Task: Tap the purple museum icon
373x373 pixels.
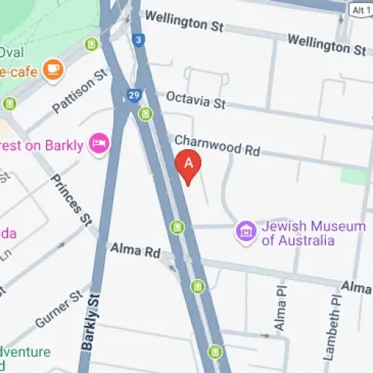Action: click(x=245, y=232)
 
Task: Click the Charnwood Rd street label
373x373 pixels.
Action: click(x=216, y=145)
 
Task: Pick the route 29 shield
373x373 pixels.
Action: click(x=134, y=95)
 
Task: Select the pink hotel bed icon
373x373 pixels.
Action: click(x=98, y=142)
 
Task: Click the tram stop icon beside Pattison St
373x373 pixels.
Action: click(x=92, y=45)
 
